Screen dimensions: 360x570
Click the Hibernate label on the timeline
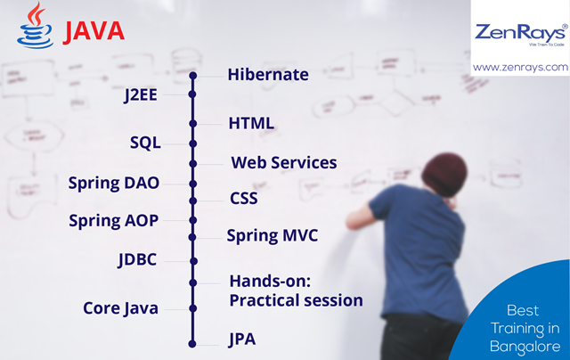pos(268,75)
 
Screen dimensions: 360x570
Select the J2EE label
pos(141,95)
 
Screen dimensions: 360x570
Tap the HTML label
pos(250,123)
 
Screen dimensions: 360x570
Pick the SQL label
pos(145,143)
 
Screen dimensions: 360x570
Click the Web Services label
pos(283,163)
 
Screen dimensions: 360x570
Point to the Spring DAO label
pos(114,184)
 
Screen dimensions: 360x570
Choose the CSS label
pos(243,198)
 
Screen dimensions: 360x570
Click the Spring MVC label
pos(272,236)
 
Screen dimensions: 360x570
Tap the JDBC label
pos(138,260)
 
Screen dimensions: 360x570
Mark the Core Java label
pos(120,308)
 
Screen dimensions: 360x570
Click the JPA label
pos(244,339)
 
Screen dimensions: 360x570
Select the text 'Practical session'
pos(296,300)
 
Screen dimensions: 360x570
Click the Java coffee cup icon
pos(36,25)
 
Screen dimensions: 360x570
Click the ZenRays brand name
pos(519,33)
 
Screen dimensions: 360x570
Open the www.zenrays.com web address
pos(520,67)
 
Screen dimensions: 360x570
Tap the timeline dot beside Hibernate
pos(192,75)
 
